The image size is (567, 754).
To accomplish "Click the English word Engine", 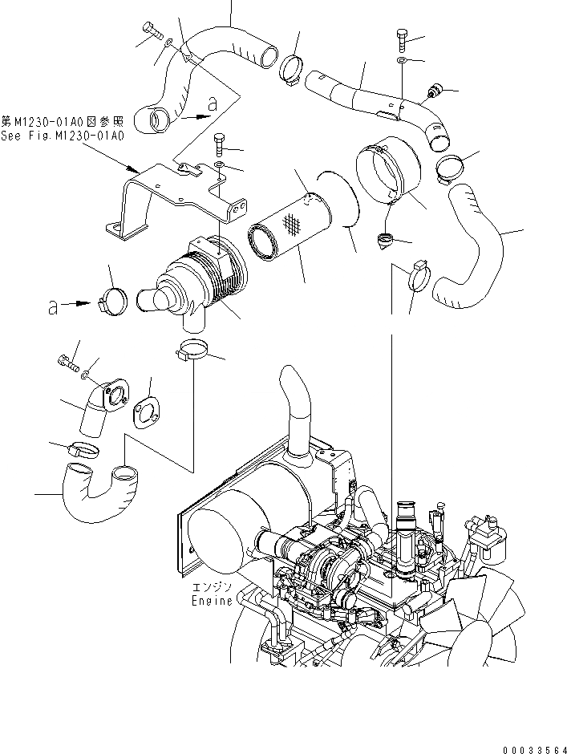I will [x=211, y=600].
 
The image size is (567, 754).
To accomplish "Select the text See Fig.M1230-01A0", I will [x=63, y=136].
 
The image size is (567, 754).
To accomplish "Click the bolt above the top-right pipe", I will [x=402, y=38].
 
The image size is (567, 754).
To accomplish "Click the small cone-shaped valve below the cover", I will [x=386, y=240].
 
